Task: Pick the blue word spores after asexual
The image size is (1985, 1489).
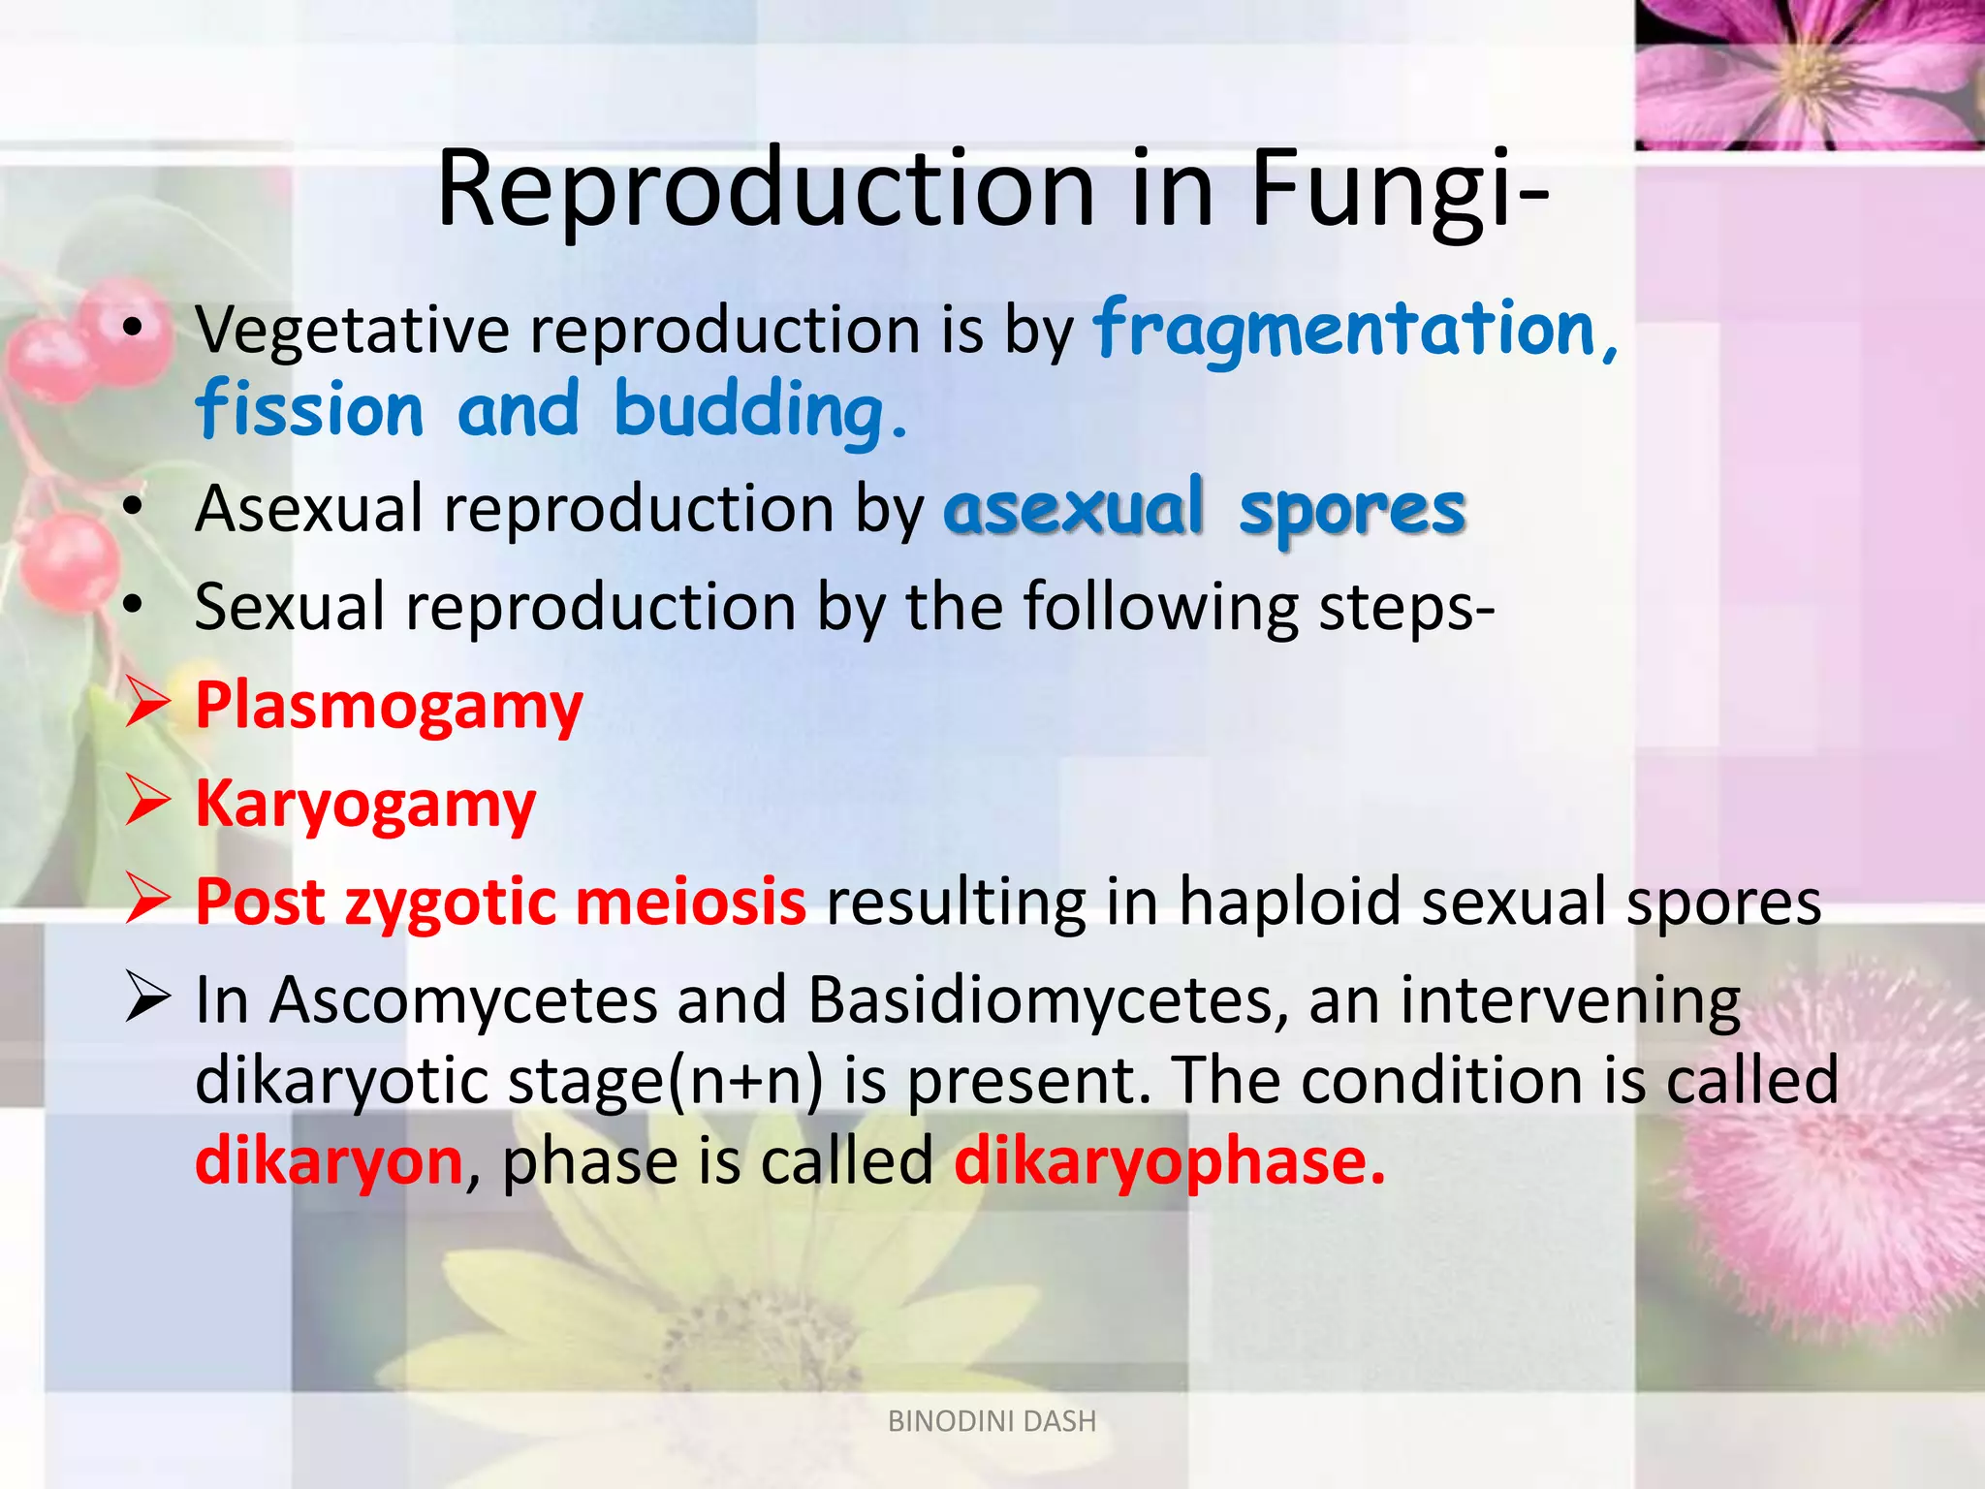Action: click(1352, 511)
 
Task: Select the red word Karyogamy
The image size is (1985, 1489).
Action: click(365, 805)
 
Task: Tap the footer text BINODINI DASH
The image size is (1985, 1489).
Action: click(992, 1421)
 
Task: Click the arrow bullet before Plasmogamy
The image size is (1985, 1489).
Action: click(148, 705)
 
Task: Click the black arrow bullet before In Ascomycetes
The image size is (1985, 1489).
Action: click(148, 999)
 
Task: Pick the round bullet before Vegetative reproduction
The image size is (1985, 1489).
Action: click(134, 329)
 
